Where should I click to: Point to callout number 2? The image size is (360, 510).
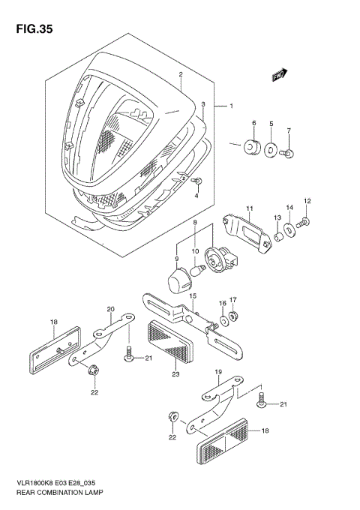(x=181, y=75)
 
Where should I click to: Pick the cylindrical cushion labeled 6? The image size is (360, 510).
(x=253, y=145)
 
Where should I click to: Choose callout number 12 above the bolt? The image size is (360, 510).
(x=306, y=201)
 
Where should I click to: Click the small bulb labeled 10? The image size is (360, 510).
(x=200, y=268)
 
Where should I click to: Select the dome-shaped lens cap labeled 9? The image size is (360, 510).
(x=178, y=282)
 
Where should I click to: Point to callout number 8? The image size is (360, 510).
(x=195, y=223)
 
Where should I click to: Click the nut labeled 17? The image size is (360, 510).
(x=233, y=316)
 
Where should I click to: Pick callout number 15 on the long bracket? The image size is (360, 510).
(x=192, y=297)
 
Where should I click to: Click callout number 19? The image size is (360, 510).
(x=218, y=372)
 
